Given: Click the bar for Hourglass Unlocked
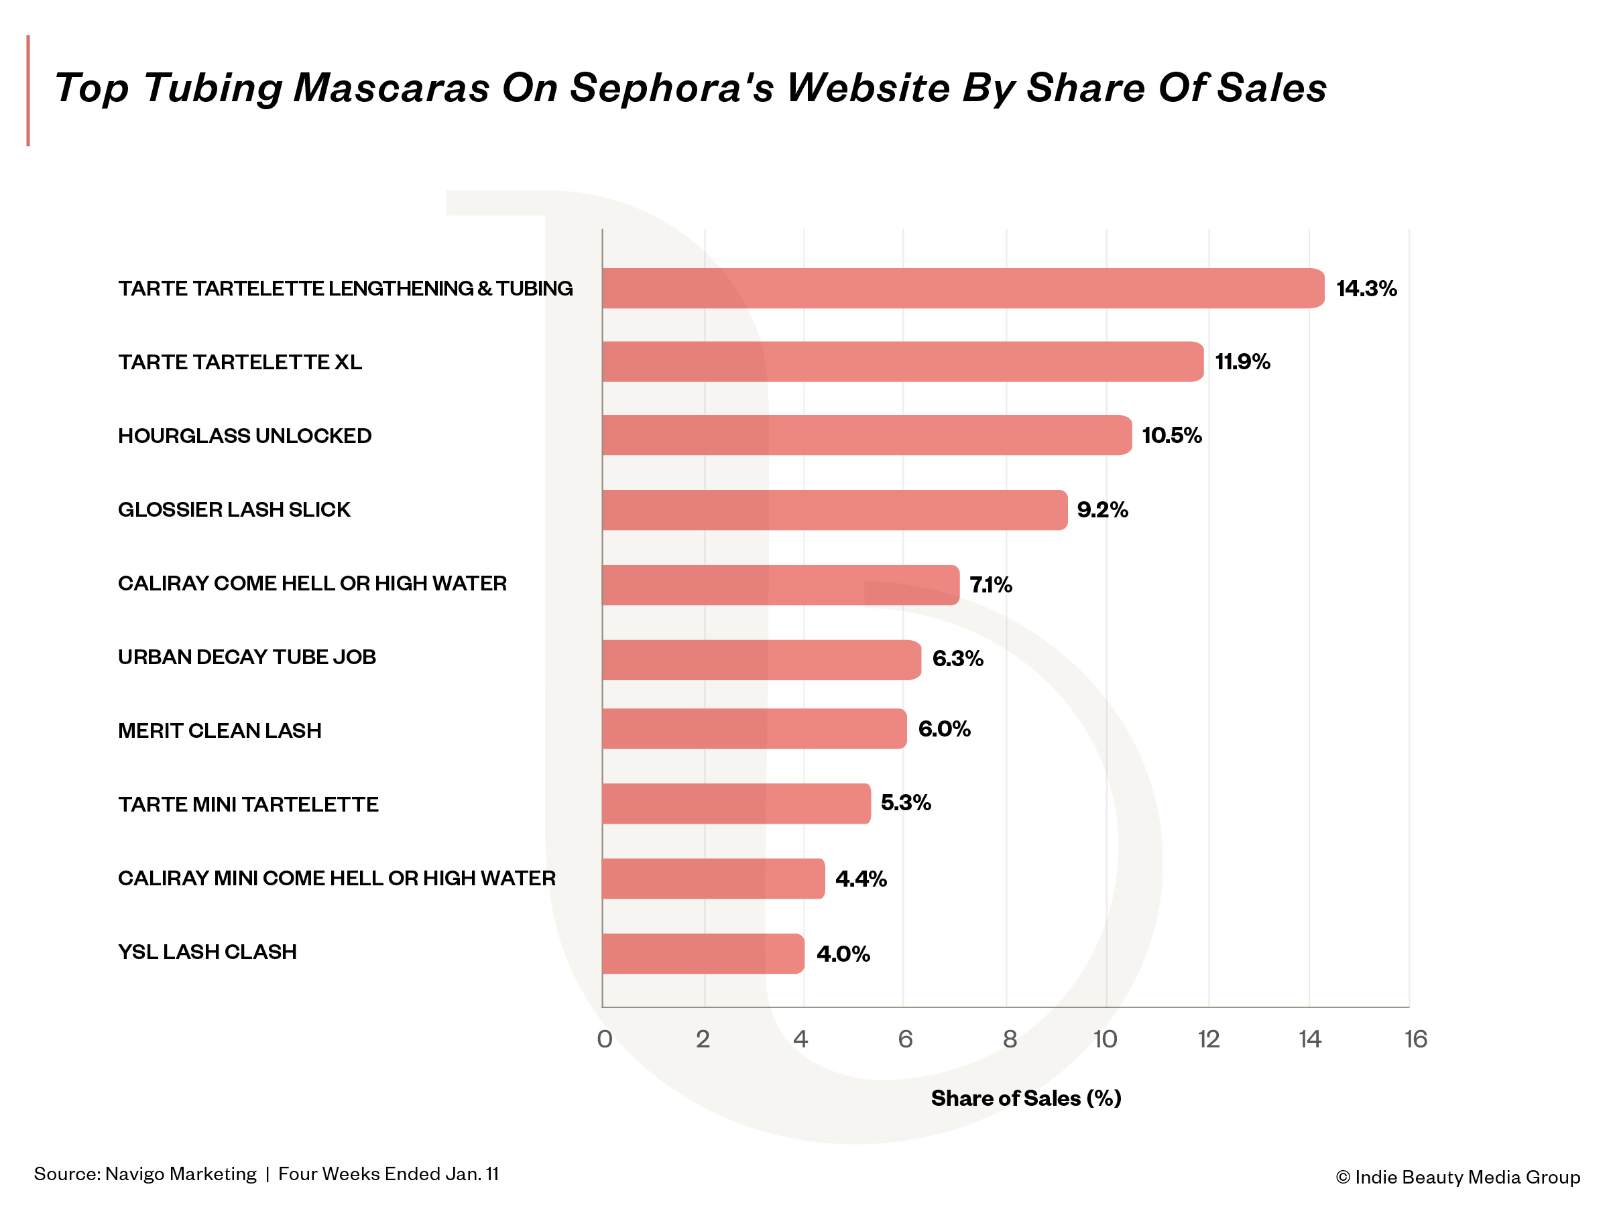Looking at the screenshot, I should pyautogui.click(x=866, y=435).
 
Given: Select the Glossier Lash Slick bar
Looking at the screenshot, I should pyautogui.click(x=833, y=509).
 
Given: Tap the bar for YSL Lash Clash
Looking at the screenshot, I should pyautogui.click(x=702, y=953).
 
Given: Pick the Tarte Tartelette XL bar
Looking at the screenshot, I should pyautogui.click(x=902, y=361).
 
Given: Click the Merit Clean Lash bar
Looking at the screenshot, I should pyautogui.click(x=754, y=728).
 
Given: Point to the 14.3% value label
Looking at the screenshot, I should pyautogui.click(x=1366, y=289).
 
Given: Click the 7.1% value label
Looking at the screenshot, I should pyautogui.click(x=991, y=584).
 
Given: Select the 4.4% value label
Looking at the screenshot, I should pyautogui.click(x=861, y=879).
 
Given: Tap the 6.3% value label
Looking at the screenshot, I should pyautogui.click(x=957, y=659).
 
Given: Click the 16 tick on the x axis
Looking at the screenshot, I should pyautogui.click(x=1415, y=1039).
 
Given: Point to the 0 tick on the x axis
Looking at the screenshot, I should pyautogui.click(x=604, y=1039).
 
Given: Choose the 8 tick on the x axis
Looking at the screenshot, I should pyautogui.click(x=1010, y=1039).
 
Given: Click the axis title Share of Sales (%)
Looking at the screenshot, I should pyautogui.click(x=1026, y=1098).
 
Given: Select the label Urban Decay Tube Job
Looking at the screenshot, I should pyautogui.click(x=247, y=657).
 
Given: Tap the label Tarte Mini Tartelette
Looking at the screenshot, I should pyautogui.click(x=248, y=804).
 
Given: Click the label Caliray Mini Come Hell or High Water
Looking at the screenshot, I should pyautogui.click(x=336, y=878).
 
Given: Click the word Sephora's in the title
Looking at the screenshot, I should pyautogui.click(x=670, y=88).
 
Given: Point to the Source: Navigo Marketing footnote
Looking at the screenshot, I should pyautogui.click(x=145, y=1173).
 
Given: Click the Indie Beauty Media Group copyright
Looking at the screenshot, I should pyautogui.click(x=1457, y=1177).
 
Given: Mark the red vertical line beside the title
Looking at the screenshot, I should pyautogui.click(x=28, y=90).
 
